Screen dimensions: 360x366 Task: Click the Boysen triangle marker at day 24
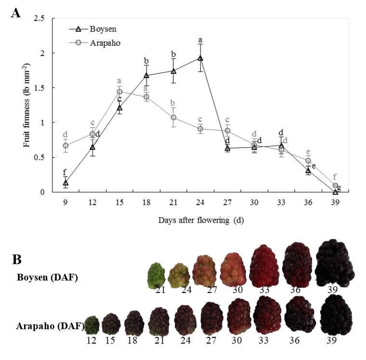click(x=200, y=58)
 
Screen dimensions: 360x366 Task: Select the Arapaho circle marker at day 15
click(x=119, y=92)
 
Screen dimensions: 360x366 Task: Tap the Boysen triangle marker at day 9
click(x=65, y=183)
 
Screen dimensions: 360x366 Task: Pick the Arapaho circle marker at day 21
click(x=173, y=118)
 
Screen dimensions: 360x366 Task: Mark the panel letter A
click(x=15, y=13)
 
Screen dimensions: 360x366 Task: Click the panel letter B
click(x=17, y=259)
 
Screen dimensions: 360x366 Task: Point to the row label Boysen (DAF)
click(x=47, y=277)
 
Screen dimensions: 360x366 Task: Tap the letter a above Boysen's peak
click(x=200, y=40)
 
